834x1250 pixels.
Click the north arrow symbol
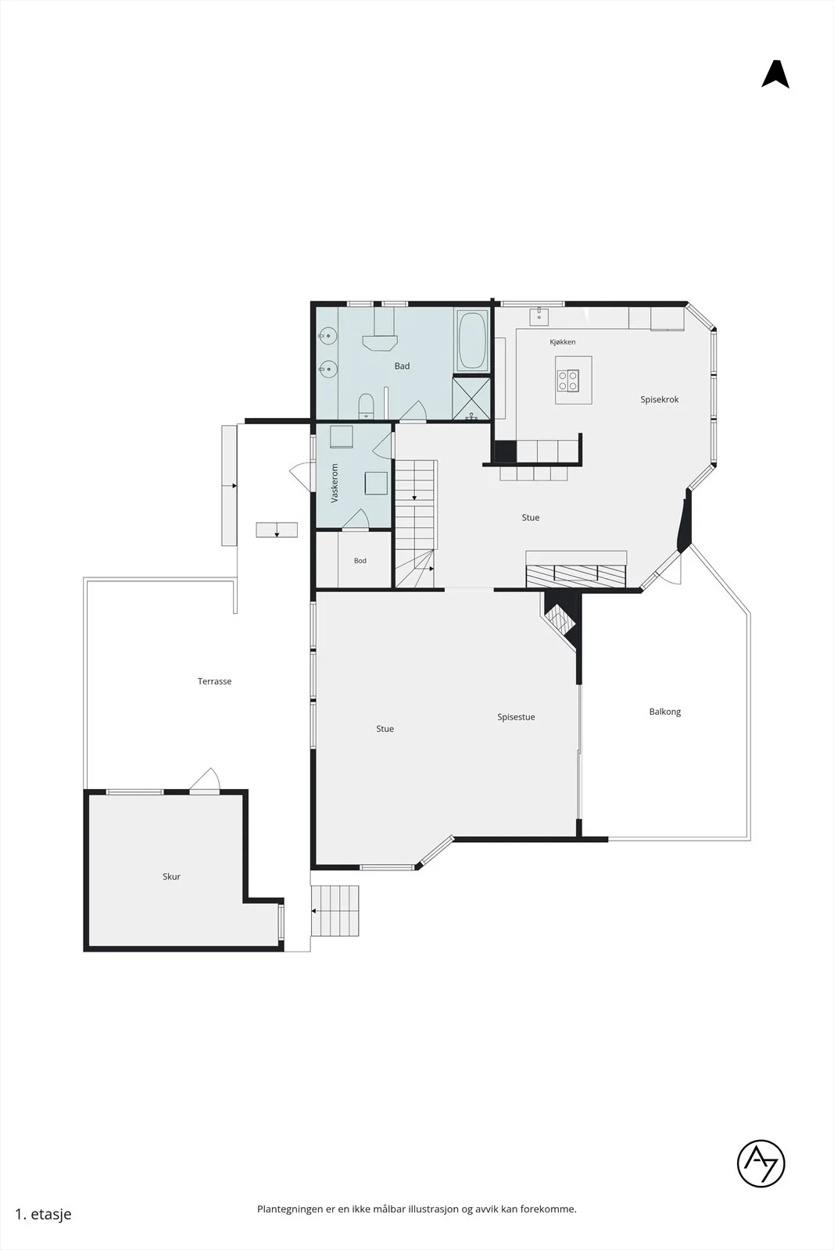click(775, 75)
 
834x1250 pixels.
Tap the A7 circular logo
click(761, 1163)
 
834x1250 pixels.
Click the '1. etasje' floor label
click(43, 1214)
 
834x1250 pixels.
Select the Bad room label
click(402, 366)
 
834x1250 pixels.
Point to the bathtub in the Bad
click(472, 341)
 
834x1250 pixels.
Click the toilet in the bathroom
click(366, 405)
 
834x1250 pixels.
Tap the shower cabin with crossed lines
click(471, 398)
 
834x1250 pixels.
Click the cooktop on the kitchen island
click(567, 380)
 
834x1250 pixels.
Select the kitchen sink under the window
click(539, 316)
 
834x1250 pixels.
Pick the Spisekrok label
click(659, 399)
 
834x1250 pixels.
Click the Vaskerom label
click(335, 483)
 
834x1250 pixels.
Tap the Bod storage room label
click(360, 561)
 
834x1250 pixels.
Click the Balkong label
click(665, 712)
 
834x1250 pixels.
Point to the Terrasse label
click(214, 681)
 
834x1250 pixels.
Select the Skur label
click(171, 877)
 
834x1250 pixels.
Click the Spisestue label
click(516, 717)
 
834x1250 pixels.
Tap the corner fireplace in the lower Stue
click(561, 617)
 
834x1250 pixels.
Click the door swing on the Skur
click(205, 780)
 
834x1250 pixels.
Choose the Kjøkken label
click(562, 342)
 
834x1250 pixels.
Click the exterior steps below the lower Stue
click(335, 911)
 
